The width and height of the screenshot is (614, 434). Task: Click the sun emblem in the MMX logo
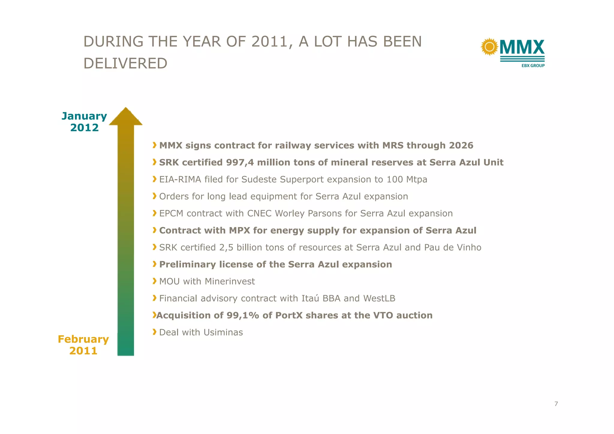489,47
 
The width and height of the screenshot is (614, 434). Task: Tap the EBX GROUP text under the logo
533,66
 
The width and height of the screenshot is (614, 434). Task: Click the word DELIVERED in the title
125,64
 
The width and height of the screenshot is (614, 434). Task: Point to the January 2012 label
84,122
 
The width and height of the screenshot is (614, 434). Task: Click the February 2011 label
83,345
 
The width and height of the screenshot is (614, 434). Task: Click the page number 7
556,404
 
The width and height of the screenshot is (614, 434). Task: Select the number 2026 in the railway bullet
461,145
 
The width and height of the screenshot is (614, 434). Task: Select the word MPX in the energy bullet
240,231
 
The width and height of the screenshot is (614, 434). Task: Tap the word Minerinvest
230,281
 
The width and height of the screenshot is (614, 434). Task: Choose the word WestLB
379,298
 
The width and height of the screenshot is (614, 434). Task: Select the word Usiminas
223,332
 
